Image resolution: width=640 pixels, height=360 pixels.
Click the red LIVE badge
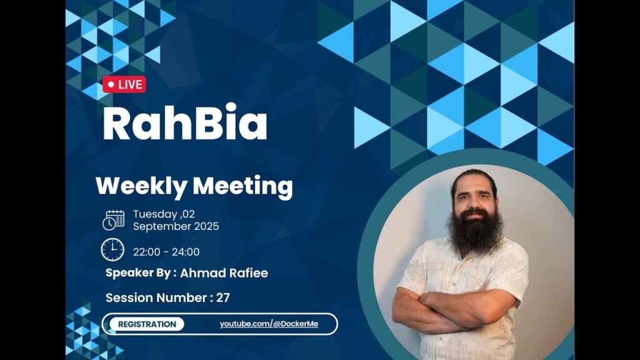pos(124,84)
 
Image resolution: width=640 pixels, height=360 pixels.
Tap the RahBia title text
pos(185,122)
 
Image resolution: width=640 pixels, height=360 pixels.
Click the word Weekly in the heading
pos(141,186)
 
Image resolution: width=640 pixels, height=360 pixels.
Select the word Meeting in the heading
pos(243,186)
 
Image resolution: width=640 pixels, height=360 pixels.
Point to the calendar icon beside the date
pos(114,221)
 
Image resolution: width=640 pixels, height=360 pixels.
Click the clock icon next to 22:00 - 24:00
pos(112,250)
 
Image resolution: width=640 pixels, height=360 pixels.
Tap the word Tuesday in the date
pos(155,214)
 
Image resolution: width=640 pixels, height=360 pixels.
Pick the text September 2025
pos(176,226)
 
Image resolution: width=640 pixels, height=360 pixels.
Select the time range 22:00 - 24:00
pos(166,252)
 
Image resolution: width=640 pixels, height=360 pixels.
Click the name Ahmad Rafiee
pos(224,273)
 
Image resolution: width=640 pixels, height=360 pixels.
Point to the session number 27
pos(223,297)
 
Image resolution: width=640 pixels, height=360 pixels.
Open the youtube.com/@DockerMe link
pos(269,324)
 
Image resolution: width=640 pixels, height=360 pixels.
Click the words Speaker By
pos(138,273)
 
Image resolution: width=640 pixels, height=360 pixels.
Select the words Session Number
pos(156,297)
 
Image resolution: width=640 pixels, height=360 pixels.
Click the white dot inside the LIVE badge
pos(111,84)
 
